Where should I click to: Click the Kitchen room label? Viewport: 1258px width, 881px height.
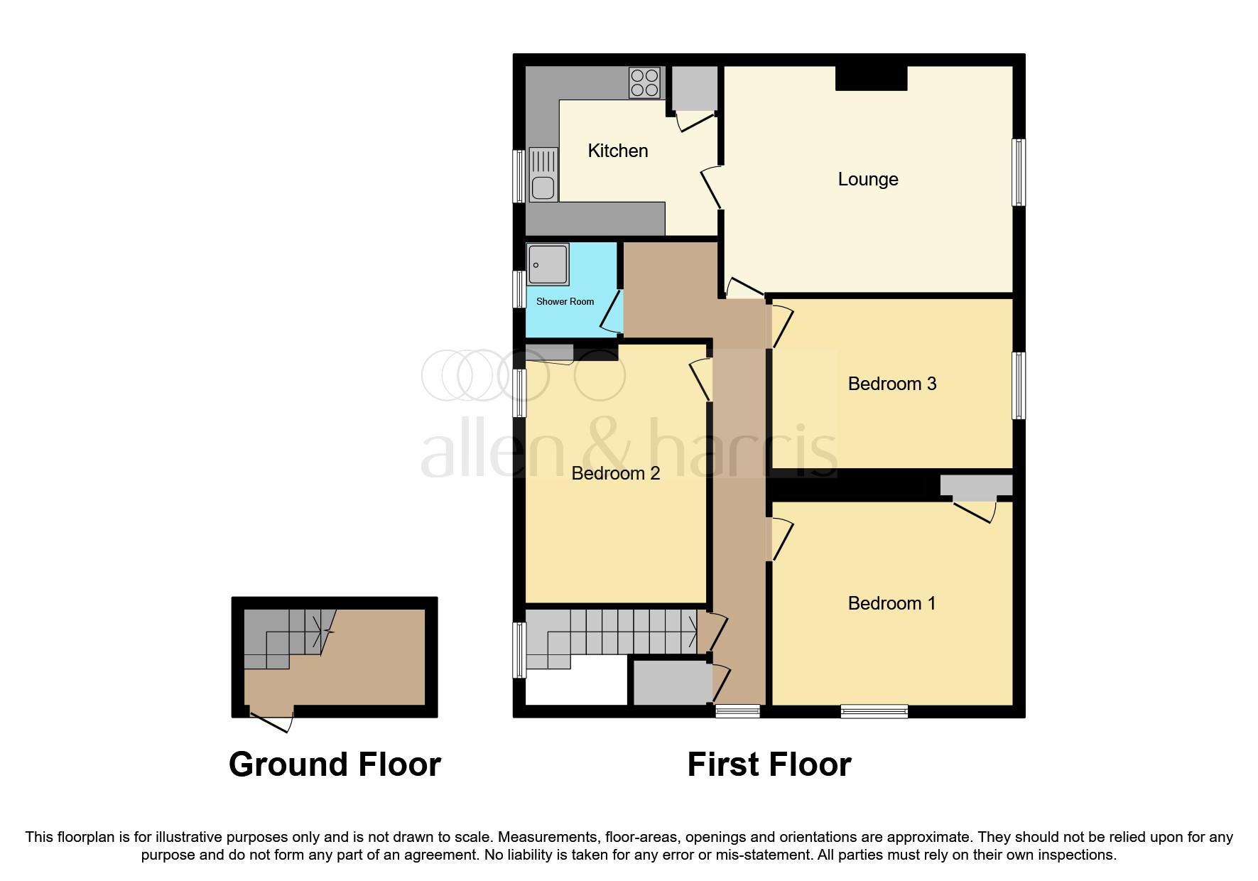[618, 151]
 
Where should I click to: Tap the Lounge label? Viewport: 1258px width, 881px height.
[868, 179]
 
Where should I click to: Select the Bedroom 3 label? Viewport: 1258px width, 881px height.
[892, 384]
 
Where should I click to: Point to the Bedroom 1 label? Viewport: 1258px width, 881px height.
[891, 603]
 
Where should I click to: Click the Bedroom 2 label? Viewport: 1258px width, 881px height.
[616, 473]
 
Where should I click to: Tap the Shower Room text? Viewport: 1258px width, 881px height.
[565, 301]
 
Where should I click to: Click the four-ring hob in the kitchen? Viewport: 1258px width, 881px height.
[645, 82]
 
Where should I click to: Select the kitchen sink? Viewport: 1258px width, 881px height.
[543, 174]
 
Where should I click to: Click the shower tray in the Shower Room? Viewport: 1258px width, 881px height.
[548, 264]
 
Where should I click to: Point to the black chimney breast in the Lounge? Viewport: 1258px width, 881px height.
[871, 78]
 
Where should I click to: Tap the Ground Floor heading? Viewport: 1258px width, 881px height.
[335, 764]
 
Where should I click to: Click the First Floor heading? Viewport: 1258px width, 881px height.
[769, 764]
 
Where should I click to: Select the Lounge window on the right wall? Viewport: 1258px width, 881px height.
[1019, 172]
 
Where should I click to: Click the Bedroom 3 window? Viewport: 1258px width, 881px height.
[1019, 385]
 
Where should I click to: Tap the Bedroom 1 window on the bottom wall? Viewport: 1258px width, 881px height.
[874, 711]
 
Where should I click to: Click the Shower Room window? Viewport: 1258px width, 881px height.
[519, 289]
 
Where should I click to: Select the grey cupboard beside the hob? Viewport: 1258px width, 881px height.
[694, 88]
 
